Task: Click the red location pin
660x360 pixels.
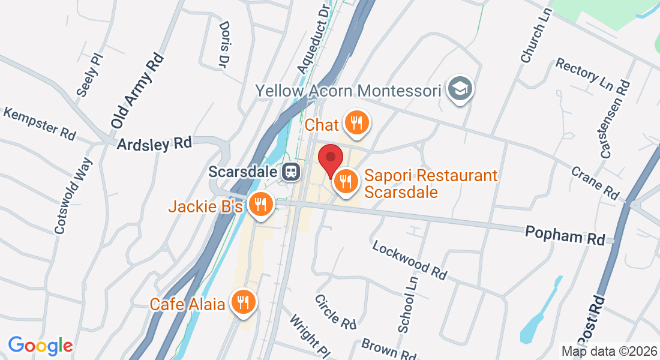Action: point(329,160)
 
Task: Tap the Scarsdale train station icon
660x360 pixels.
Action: point(291,172)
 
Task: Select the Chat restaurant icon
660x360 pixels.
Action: point(356,124)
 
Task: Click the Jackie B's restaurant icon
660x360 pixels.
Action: point(260,205)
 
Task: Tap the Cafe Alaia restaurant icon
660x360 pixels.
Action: point(243,302)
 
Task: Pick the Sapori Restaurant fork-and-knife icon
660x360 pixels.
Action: point(346,179)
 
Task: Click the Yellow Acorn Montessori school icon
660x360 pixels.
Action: point(460,89)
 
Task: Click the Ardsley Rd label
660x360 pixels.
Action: point(154,143)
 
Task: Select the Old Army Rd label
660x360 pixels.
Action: point(137,90)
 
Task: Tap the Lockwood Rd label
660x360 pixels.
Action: point(410,260)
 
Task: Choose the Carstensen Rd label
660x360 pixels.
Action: point(616,119)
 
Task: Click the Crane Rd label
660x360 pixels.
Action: point(595,182)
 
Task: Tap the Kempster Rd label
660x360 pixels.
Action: point(40,123)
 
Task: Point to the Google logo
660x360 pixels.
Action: point(40,346)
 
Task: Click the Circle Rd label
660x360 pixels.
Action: point(335,311)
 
